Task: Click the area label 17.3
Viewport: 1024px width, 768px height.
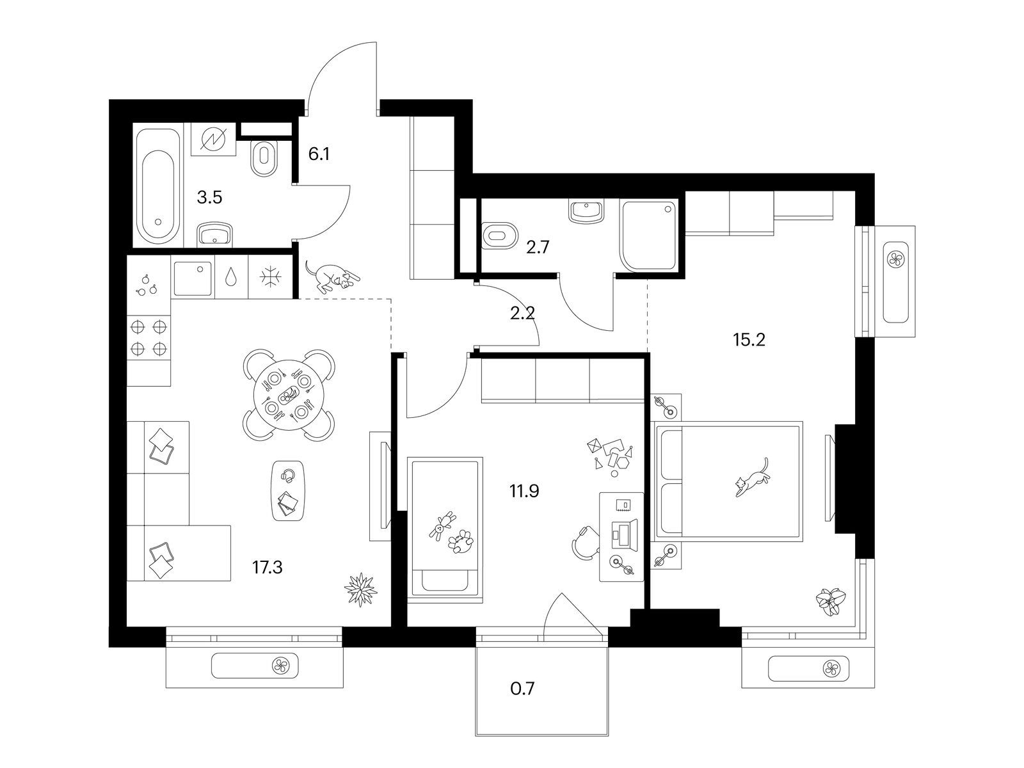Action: click(x=268, y=568)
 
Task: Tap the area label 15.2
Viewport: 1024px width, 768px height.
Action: click(x=749, y=340)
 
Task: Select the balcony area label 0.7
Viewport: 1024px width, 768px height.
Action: click(x=522, y=688)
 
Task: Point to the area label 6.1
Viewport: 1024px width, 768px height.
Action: click(x=319, y=154)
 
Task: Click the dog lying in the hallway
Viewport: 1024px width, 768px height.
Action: click(x=332, y=276)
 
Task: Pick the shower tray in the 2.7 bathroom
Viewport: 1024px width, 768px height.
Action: click(x=649, y=236)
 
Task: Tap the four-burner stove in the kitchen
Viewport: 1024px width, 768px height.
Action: click(x=149, y=337)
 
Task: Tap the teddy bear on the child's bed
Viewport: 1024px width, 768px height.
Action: click(x=442, y=525)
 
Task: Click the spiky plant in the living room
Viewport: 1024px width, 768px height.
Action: click(x=360, y=589)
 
